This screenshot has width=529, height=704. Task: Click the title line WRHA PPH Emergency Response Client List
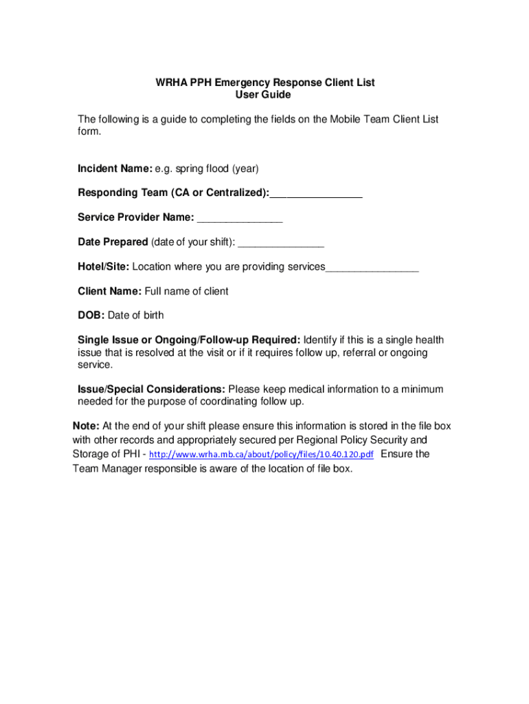(264, 82)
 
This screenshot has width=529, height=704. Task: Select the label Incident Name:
(114, 168)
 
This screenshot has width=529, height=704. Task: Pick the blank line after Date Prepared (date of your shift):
(281, 243)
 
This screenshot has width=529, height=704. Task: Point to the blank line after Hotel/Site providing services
(372, 268)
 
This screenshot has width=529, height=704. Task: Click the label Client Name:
(109, 291)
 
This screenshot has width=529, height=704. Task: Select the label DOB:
(91, 316)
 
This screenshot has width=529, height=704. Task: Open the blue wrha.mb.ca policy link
(261, 455)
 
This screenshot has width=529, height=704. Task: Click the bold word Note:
(87, 426)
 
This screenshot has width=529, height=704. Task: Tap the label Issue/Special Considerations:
(151, 389)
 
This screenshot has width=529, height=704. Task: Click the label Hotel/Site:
(103, 267)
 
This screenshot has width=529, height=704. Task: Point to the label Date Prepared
(113, 242)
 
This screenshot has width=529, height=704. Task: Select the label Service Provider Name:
(135, 218)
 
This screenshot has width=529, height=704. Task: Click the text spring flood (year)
(217, 168)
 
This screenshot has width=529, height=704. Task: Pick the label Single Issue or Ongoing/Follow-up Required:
(189, 340)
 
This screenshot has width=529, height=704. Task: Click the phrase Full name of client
(186, 291)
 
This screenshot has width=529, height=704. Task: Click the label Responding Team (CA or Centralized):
(173, 193)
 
